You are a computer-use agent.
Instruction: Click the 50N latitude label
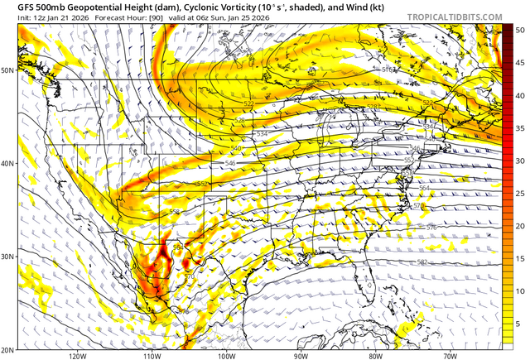click(x=7, y=70)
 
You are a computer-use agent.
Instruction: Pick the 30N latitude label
click(x=7, y=257)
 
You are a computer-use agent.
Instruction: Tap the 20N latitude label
click(x=7, y=349)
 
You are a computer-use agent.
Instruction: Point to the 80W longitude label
click(x=375, y=356)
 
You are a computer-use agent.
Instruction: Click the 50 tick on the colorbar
click(x=520, y=29)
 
